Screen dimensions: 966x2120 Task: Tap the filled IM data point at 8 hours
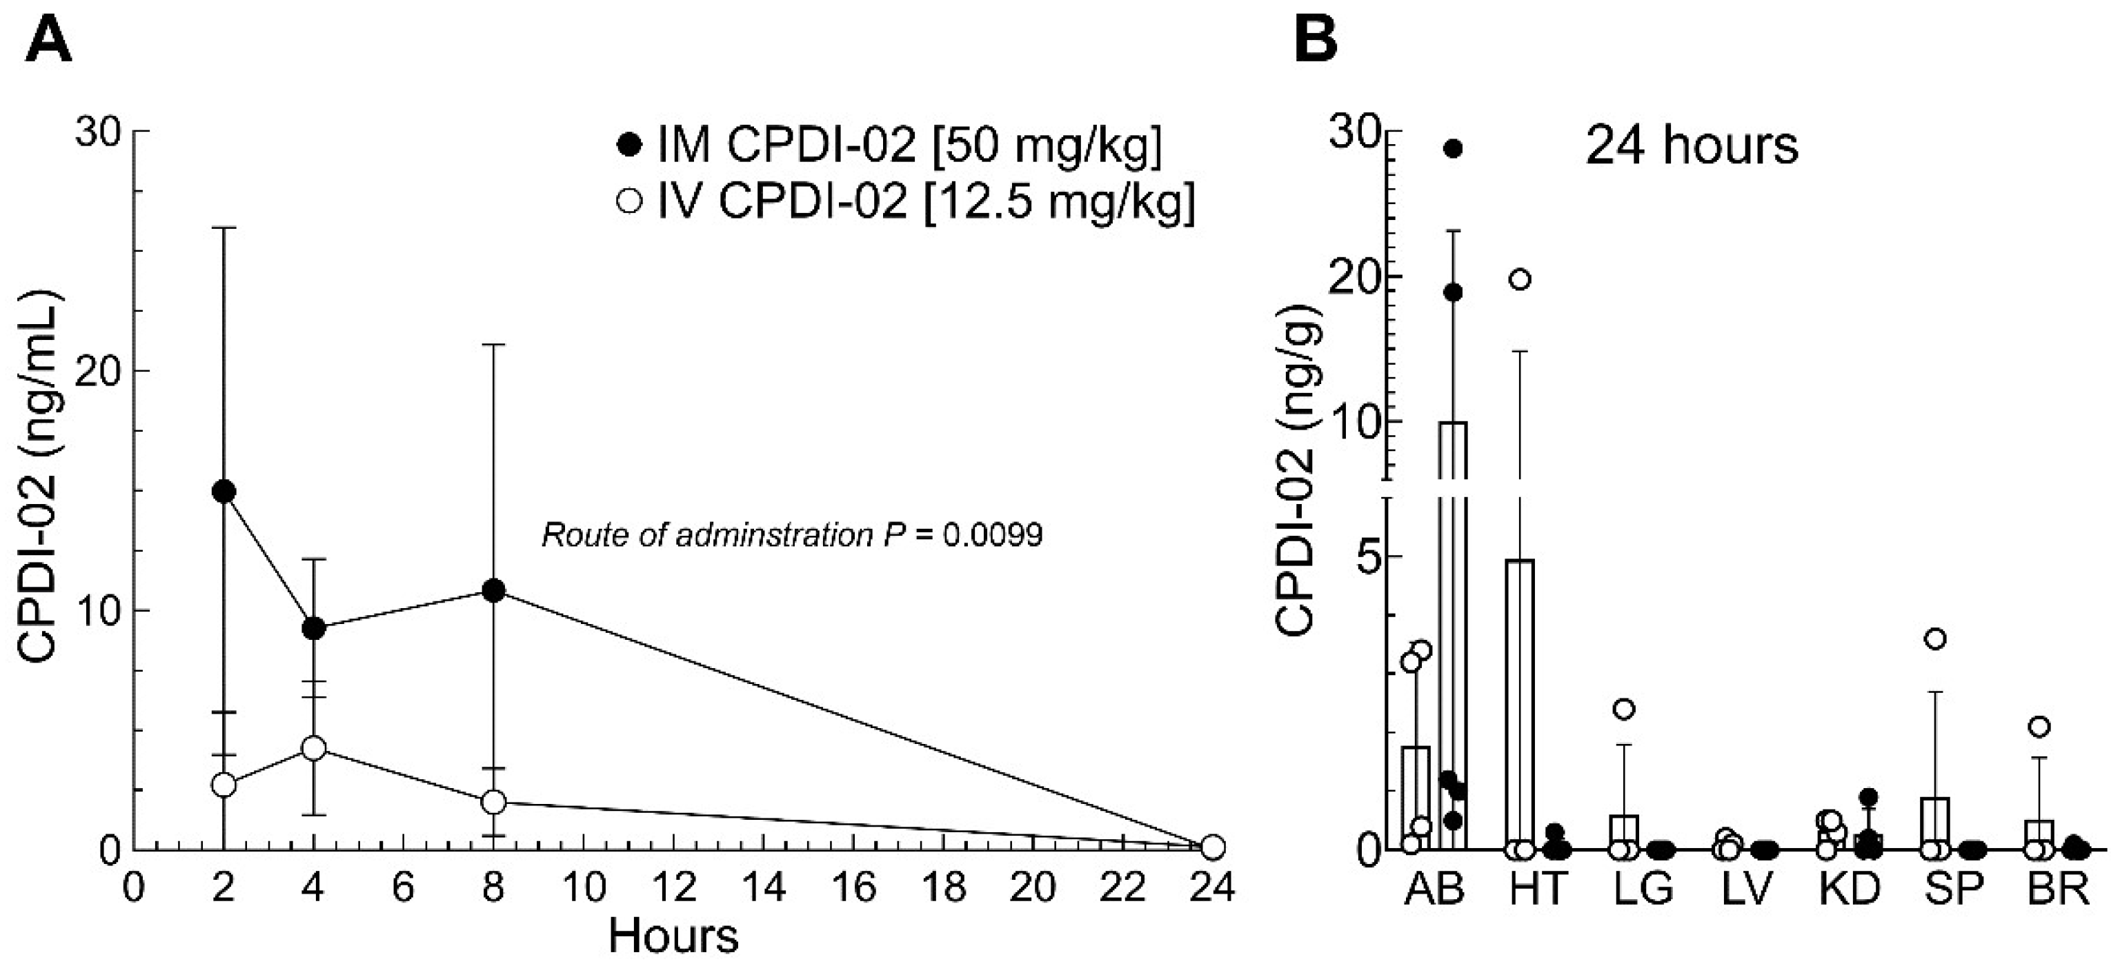pyautogui.click(x=494, y=591)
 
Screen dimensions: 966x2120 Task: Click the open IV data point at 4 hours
pyautogui.click(x=314, y=748)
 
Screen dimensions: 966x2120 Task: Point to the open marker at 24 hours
pyautogui.click(x=1212, y=846)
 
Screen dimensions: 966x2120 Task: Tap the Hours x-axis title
pyautogui.click(x=673, y=936)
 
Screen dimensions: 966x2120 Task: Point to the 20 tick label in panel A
pyautogui.click(x=97, y=371)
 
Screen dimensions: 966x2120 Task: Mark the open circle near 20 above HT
pyautogui.click(x=1520, y=280)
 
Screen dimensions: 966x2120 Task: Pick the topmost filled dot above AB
pyautogui.click(x=1454, y=148)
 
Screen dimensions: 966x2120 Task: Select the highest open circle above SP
pyautogui.click(x=1936, y=639)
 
